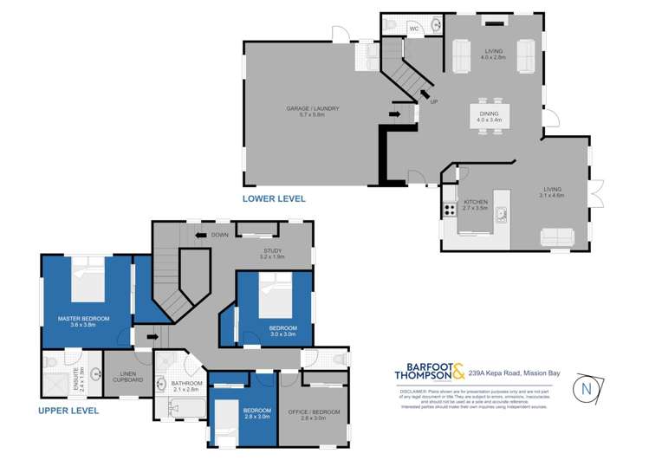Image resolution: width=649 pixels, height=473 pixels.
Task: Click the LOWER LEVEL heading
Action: tap(273, 198)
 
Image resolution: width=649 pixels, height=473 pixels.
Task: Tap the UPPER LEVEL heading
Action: tap(68, 411)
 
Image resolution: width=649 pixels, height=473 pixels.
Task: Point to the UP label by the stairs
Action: tap(433, 102)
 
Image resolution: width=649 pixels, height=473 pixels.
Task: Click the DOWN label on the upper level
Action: tap(220, 235)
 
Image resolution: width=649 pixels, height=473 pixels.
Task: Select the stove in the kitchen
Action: tap(450, 209)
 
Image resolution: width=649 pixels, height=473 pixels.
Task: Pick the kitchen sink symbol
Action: tap(501, 215)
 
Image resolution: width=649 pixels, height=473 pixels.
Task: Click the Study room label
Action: tap(272, 254)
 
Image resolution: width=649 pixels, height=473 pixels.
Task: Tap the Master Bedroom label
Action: tap(84, 321)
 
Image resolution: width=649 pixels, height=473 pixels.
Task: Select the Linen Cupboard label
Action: tap(127, 377)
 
